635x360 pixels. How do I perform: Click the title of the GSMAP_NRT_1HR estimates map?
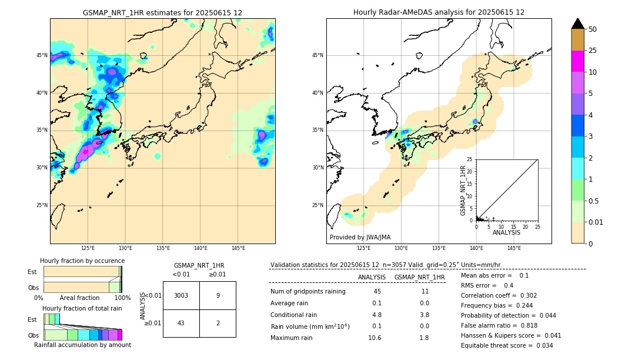pyautogui.click(x=162, y=12)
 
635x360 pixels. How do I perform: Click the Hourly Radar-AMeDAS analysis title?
pyautogui.click(x=439, y=12)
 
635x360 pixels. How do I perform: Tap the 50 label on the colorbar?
pyautogui.click(x=593, y=29)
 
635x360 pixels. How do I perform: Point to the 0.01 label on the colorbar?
pyautogui.click(x=596, y=222)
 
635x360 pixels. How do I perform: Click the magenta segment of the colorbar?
pyautogui.click(x=577, y=61)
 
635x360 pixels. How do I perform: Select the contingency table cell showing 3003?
pyautogui.click(x=181, y=295)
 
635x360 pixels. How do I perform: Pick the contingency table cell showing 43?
pyautogui.click(x=181, y=323)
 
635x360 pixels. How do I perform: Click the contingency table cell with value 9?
pyautogui.click(x=218, y=295)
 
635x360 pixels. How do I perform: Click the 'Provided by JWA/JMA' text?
pyautogui.click(x=360, y=238)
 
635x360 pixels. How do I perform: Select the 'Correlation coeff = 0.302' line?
pyautogui.click(x=499, y=295)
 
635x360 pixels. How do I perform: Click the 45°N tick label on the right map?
pyautogui.click(x=317, y=55)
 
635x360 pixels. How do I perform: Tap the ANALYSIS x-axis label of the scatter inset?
pyautogui.click(x=506, y=232)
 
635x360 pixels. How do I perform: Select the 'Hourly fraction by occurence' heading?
pyautogui.click(x=82, y=261)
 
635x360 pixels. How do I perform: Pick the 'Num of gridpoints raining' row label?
pyautogui.click(x=308, y=292)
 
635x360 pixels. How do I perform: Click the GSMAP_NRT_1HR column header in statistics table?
pyautogui.click(x=419, y=277)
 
